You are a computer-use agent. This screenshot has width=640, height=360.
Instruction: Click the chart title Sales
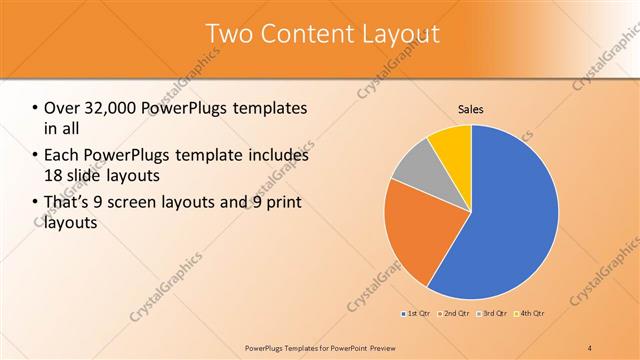coord(471,109)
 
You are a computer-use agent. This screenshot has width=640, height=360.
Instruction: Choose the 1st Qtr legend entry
coord(415,314)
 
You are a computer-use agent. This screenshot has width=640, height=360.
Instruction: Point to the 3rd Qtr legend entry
coord(494,314)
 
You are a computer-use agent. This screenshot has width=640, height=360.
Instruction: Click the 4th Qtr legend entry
coord(530,314)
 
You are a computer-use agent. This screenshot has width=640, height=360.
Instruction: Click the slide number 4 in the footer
coord(590,347)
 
